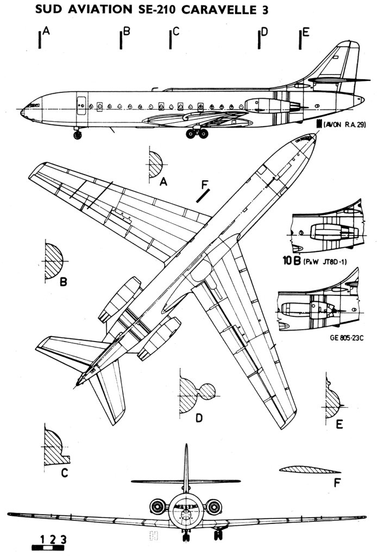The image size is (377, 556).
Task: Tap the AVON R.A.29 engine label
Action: tap(345, 125)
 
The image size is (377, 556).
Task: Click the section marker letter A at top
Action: tap(47, 32)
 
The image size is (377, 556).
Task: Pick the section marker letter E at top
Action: tap(306, 32)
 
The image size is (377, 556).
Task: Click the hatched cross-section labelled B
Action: tap(53, 261)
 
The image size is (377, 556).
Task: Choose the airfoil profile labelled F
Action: tap(309, 469)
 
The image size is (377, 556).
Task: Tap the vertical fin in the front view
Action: tap(186, 467)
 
